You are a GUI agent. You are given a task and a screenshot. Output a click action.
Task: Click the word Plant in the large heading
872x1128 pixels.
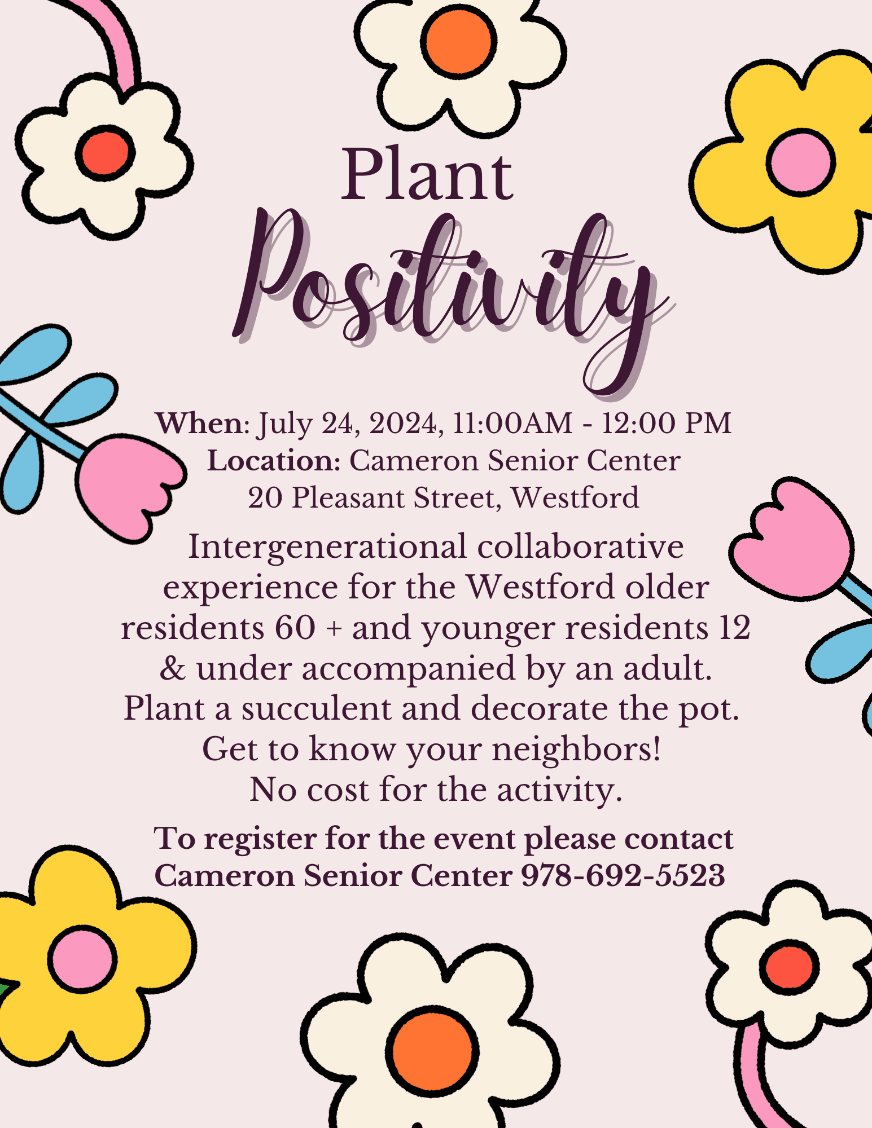click(x=427, y=174)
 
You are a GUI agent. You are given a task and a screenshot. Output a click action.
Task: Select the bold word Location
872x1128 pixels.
click(x=273, y=461)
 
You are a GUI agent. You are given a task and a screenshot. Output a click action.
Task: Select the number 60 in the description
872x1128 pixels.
click(x=295, y=628)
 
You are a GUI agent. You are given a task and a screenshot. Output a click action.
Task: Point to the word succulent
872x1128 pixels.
click(x=316, y=708)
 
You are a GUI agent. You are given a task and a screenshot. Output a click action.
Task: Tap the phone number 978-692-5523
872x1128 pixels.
click(x=623, y=876)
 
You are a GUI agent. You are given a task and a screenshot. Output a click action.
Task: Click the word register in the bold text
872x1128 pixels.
click(x=260, y=839)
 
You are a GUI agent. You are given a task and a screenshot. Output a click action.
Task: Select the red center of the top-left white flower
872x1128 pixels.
click(x=105, y=152)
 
